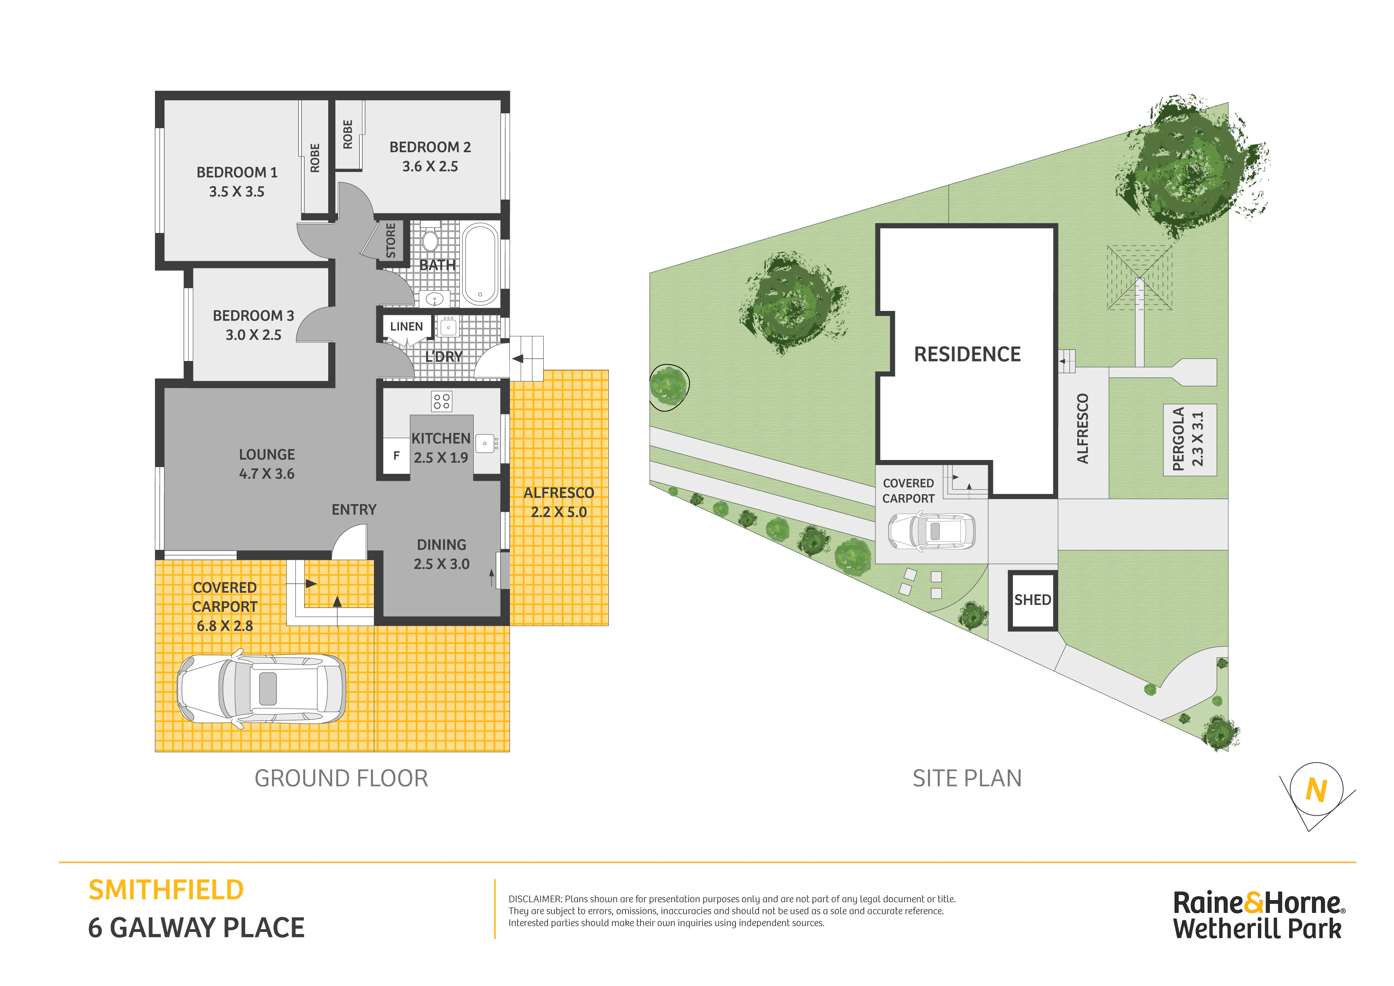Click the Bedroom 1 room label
pos(237,173)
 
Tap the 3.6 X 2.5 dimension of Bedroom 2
pos(430,167)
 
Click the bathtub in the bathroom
pos(480,264)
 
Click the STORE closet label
pos(391,241)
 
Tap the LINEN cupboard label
pos(406,327)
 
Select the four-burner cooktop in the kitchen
pos(442,402)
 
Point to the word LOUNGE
pos(267,455)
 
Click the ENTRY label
pos(354,510)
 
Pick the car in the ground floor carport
pos(261,689)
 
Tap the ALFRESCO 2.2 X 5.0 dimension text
pos(559,512)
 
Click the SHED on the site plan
pos(1033,600)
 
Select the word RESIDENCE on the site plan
pos(967,354)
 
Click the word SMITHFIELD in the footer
pos(166,891)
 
